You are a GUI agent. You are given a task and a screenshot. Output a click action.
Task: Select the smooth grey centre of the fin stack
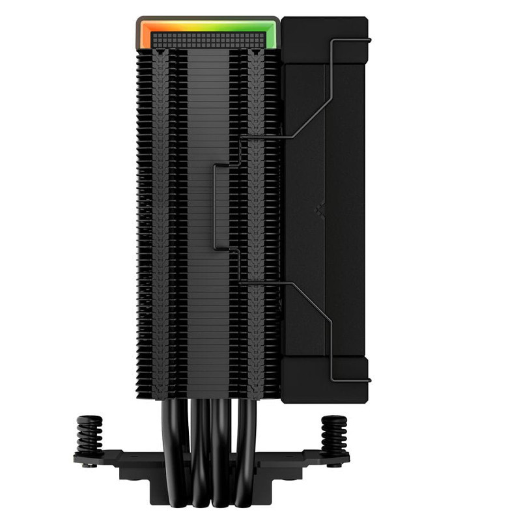click(x=208, y=293)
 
